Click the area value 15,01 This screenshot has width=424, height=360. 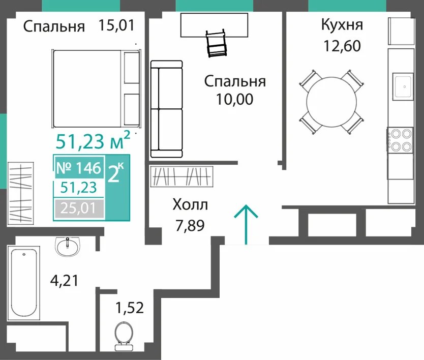tap(116, 26)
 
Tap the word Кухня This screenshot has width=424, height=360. tap(342, 25)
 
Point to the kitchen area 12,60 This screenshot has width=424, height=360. tap(342, 46)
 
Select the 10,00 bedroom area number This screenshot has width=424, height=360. tap(234, 99)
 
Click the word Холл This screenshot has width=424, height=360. tap(190, 204)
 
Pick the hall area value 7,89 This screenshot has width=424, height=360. tap(190, 225)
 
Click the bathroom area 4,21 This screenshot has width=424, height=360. tap(65, 280)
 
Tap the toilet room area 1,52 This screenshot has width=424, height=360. tap(130, 308)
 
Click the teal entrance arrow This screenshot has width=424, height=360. tap(246, 225)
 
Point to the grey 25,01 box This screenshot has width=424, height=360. tap(79, 208)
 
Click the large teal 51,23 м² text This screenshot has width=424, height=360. tap(93, 141)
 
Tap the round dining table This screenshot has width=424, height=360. tap(331, 102)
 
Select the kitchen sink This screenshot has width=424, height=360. tap(403, 86)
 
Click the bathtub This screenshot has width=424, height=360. tap(24, 283)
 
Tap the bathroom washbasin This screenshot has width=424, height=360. tap(68, 246)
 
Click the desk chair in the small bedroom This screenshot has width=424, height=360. tap(216, 43)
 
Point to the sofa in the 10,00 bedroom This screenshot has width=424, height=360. tap(167, 109)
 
